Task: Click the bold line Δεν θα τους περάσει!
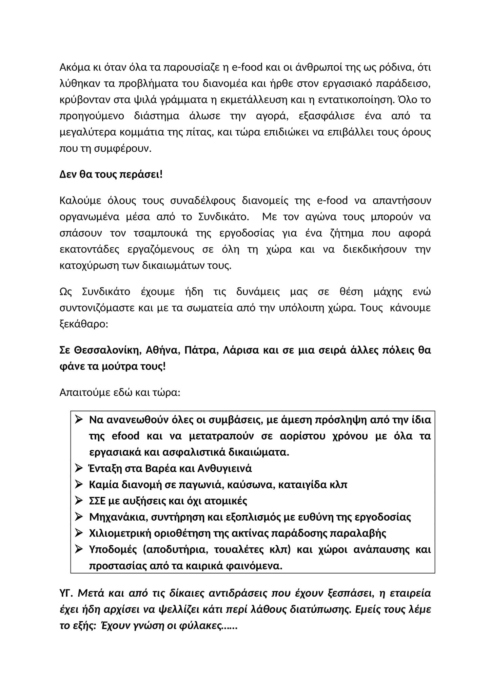tap(111, 175)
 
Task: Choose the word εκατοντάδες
tap(89, 249)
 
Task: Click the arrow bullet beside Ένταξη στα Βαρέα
tap(79, 468)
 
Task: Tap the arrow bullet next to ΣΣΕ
tap(79, 501)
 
